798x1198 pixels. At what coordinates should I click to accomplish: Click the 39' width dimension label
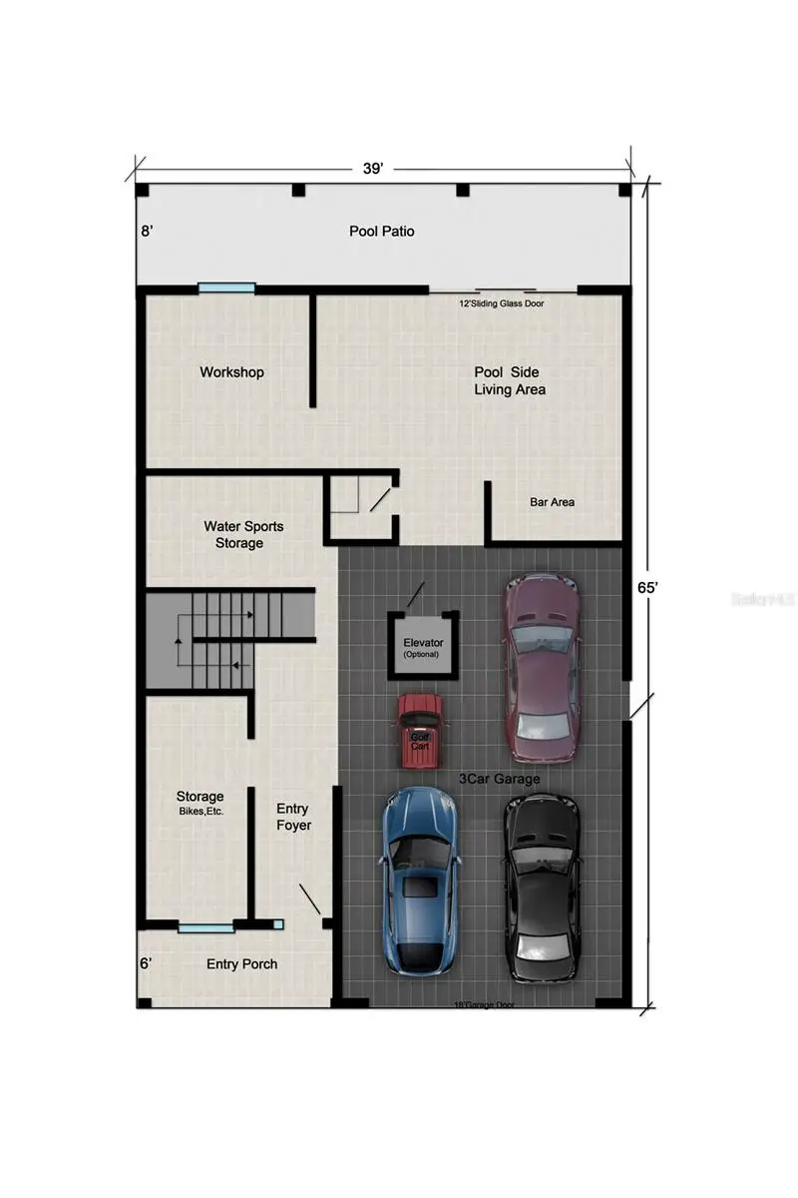(373, 170)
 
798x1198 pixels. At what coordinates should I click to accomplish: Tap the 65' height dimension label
(648, 588)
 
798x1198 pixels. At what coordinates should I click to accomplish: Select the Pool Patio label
(381, 231)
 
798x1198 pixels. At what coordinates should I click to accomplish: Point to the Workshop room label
(231, 371)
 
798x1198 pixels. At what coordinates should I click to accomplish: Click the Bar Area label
(552, 502)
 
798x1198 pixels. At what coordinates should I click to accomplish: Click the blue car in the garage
(421, 879)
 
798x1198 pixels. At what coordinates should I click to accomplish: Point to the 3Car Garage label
(499, 779)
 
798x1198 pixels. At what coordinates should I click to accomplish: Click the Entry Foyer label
(293, 817)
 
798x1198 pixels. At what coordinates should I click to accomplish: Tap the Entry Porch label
(241, 963)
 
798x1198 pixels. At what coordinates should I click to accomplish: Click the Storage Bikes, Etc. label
(199, 803)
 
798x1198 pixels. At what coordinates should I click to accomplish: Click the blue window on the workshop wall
(226, 289)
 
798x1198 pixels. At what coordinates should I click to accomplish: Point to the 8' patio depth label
(147, 231)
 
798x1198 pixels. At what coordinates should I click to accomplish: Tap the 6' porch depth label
(147, 963)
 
